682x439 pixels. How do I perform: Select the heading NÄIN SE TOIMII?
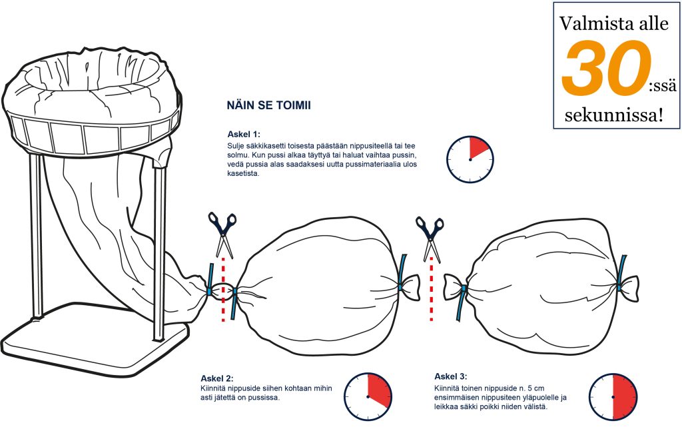[x=269, y=106]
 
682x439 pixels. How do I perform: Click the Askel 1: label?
[x=244, y=134]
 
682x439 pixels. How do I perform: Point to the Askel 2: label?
[x=217, y=378]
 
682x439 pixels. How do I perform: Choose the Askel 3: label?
[x=451, y=376]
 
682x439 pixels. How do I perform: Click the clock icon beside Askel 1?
[x=470, y=159]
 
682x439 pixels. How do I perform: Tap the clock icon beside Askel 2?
[x=368, y=396]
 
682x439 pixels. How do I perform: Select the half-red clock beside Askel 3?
[x=613, y=396]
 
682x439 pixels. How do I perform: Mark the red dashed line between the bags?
[x=432, y=289]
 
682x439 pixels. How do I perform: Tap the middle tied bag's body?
[x=320, y=285]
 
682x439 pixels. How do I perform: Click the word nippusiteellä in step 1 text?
[x=367, y=146]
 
